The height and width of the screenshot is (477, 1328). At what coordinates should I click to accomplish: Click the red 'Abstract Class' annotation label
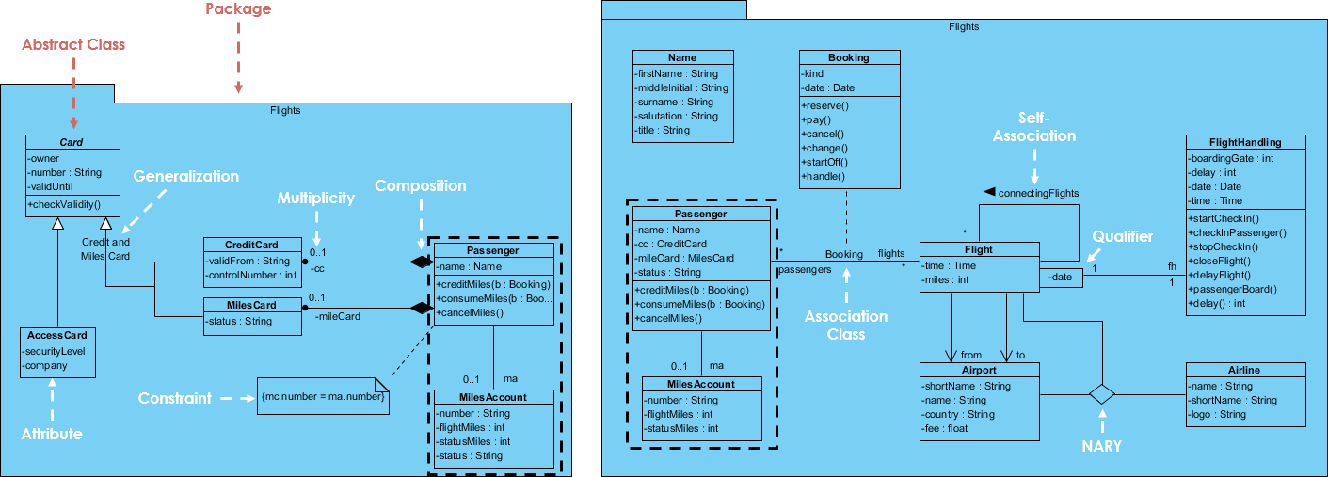[x=73, y=44]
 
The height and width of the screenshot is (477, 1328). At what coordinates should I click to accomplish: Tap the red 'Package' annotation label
[x=238, y=9]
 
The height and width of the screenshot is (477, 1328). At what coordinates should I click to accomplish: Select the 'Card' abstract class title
[x=72, y=143]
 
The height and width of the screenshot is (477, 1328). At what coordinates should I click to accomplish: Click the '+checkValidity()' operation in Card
[x=65, y=204]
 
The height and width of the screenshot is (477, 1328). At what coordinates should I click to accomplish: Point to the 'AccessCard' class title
[x=57, y=336]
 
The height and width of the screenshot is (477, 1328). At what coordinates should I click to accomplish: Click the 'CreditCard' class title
[x=250, y=245]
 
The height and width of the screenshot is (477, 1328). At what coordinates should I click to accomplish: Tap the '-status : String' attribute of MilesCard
[x=240, y=321]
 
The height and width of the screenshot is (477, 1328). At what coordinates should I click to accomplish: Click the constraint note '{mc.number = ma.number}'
[x=324, y=396]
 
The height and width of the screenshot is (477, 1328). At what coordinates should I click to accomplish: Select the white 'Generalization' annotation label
[x=185, y=176]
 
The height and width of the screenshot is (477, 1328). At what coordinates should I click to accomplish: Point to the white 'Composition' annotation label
[x=420, y=185]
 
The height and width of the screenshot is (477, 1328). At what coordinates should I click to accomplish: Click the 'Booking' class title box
[x=848, y=57]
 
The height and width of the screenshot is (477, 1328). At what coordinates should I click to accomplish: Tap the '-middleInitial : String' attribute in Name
[x=681, y=87]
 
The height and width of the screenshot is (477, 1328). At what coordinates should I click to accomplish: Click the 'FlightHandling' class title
[x=1246, y=142]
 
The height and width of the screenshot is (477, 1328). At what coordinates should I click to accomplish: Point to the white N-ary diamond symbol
[x=1102, y=393]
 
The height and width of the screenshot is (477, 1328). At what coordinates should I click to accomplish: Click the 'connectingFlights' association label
[x=1038, y=193]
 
